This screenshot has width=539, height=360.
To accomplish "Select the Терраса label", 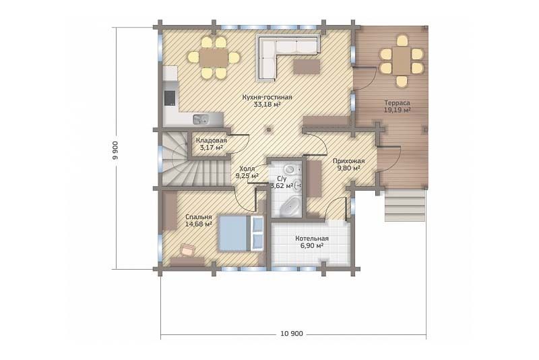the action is point(397,102).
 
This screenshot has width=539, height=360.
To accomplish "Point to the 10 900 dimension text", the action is point(292,334).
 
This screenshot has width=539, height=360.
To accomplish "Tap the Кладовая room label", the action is point(212,140).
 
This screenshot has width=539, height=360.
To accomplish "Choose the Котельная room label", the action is point(312,239).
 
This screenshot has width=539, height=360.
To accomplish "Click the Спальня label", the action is point(198,217).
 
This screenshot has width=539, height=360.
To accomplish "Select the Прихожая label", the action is point(348,161).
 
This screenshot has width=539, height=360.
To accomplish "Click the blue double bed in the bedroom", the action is point(241,233).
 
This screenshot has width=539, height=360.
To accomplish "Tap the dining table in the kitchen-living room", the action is point(214,57).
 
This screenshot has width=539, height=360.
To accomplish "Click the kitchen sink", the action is point(201,119).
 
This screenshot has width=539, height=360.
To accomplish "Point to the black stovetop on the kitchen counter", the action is point(170,98).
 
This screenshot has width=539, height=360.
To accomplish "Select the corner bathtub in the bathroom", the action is point(288,207).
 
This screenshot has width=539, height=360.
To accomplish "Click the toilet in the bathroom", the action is point(290,169).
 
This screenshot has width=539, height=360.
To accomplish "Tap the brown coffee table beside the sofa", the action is point(307,66).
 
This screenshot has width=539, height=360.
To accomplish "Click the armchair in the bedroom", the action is point(187,249).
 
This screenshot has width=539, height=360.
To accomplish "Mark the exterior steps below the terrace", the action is point(405,205).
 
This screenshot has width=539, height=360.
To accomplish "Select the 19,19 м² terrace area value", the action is point(398,110).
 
